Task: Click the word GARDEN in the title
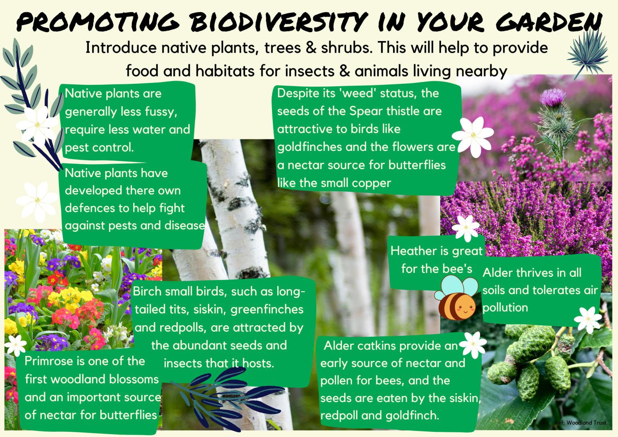pyautogui.click(x=549, y=22)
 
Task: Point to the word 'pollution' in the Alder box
pyautogui.click(x=505, y=307)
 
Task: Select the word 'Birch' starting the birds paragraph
pyautogui.click(x=147, y=291)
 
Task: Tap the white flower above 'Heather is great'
pyautogui.click(x=466, y=228)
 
